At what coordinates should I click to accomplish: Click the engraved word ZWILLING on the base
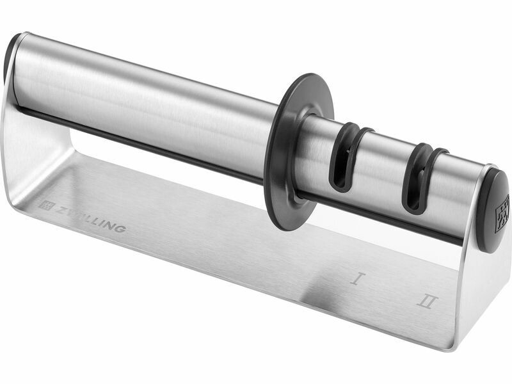90,219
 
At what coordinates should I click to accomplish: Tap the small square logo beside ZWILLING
45,204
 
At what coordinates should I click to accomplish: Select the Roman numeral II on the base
427,301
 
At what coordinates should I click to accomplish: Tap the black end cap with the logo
495,211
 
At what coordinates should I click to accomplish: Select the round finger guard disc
299,147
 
